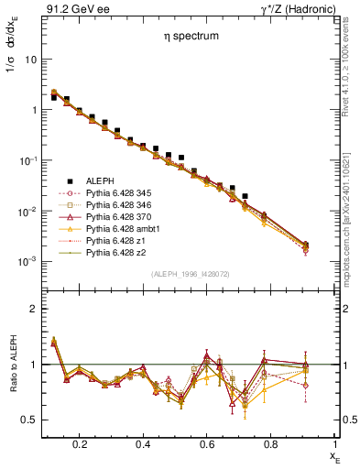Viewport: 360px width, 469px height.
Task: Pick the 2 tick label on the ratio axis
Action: (34, 309)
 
